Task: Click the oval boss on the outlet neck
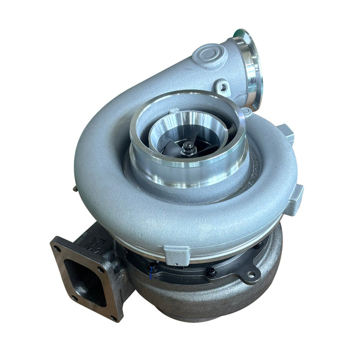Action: coord(211,56)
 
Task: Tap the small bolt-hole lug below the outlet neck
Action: coord(222,88)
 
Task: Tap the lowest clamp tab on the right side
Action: coord(293,200)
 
